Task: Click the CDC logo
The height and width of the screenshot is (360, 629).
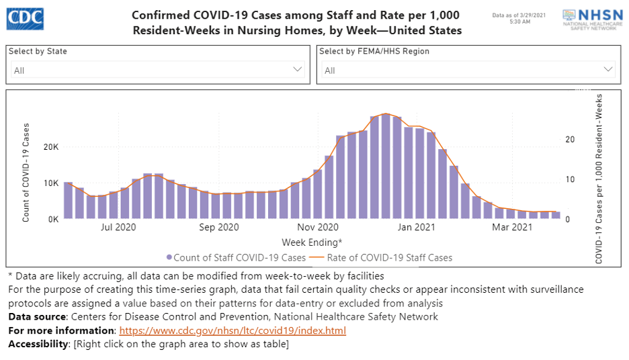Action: pyautogui.click(x=25, y=19)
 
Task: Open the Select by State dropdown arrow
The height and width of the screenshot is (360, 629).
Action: pyautogui.click(x=298, y=69)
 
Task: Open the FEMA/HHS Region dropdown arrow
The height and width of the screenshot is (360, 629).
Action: pyautogui.click(x=608, y=69)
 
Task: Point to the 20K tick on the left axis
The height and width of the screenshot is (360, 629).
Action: pyautogui.click(x=50, y=147)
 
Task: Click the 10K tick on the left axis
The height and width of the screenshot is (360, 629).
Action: pyautogui.click(x=50, y=183)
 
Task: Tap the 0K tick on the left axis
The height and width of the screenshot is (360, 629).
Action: pyautogui.click(x=52, y=219)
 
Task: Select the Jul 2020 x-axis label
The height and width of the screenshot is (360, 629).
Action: pyautogui.click(x=118, y=228)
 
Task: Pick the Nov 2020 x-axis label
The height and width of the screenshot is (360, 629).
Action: pyautogui.click(x=319, y=228)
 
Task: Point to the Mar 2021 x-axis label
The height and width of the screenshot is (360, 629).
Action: pyautogui.click(x=512, y=228)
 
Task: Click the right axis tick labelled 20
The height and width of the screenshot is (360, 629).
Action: pyautogui.click(x=570, y=140)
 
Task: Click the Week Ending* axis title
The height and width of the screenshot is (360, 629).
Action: pyautogui.click(x=312, y=242)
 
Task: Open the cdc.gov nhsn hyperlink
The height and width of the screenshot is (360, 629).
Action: pyautogui.click(x=233, y=330)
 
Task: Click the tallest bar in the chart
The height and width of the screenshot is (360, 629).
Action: pyautogui.click(x=385, y=167)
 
